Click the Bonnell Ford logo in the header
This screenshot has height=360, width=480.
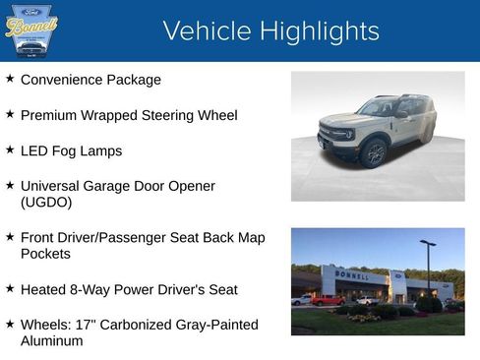coord(31,30)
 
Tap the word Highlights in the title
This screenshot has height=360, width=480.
coord(314,31)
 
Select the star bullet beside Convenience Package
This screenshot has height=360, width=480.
coord(10,78)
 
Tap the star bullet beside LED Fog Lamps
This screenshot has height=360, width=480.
coord(10,150)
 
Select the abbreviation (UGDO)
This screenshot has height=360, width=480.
coord(46,203)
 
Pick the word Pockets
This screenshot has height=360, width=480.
coord(46,254)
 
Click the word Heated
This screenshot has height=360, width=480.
coord(44,290)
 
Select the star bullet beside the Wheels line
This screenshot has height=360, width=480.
coord(10,323)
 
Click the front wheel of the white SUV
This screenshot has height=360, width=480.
coord(374,152)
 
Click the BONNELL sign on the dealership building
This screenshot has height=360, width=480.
coord(350,274)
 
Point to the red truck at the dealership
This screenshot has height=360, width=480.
coord(328,300)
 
